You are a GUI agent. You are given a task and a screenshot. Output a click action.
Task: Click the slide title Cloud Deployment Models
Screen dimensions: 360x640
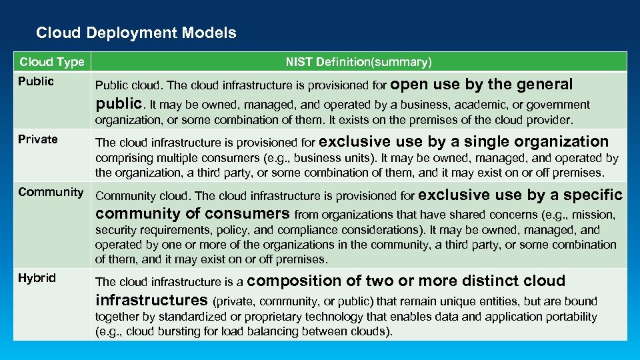coord(136,33)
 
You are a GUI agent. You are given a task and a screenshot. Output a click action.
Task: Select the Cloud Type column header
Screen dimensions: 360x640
coord(52,62)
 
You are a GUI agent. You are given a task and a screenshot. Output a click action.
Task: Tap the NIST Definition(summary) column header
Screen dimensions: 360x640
coord(359,62)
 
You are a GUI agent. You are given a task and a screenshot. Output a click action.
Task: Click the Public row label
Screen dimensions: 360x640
coord(36,81)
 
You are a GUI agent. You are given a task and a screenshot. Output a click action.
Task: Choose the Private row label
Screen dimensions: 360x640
coord(38,139)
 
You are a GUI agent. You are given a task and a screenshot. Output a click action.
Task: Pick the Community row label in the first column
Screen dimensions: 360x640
coord(51,192)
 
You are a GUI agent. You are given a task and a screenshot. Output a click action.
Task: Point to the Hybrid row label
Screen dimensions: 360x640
coord(37,278)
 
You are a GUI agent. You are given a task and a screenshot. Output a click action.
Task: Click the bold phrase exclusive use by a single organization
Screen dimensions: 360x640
coord(465,141)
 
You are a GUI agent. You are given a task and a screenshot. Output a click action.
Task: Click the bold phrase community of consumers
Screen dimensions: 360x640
coord(193,214)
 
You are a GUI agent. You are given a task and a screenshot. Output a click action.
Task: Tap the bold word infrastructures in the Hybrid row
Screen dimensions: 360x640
coord(151,300)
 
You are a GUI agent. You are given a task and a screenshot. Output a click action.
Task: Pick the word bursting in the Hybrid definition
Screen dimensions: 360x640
coord(181,331)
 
